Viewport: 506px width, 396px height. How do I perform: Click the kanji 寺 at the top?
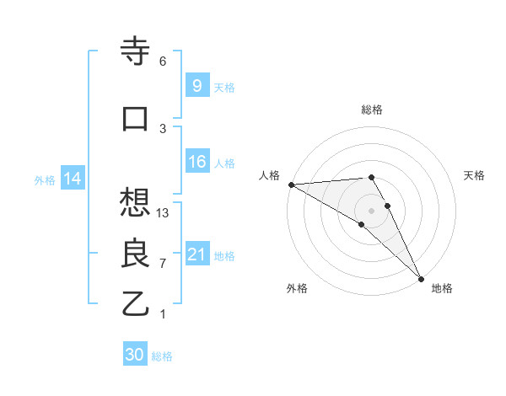click(136, 51)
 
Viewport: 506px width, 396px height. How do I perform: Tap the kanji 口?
click(136, 118)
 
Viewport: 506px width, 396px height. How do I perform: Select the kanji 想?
click(136, 203)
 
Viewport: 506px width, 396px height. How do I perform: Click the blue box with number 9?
click(196, 85)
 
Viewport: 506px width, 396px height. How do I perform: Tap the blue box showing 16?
click(196, 163)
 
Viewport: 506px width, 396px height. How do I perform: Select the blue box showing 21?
click(196, 255)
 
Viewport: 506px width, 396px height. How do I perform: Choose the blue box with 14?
click(72, 179)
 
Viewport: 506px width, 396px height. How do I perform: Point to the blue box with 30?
click(135, 356)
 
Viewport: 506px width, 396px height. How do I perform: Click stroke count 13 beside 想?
click(164, 213)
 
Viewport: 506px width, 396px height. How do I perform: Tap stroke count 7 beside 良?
click(163, 264)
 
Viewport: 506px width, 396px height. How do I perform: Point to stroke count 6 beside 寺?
click(163, 62)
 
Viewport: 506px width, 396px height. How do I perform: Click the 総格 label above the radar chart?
click(372, 110)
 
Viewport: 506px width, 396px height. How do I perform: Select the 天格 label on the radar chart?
click(475, 175)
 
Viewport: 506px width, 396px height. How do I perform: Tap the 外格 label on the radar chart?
click(296, 288)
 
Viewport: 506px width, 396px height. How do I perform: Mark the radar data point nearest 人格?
click(291, 185)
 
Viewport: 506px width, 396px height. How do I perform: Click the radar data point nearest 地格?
click(420, 278)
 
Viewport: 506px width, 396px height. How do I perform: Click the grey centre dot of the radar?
click(371, 210)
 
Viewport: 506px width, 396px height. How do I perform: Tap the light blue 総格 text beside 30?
click(162, 356)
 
